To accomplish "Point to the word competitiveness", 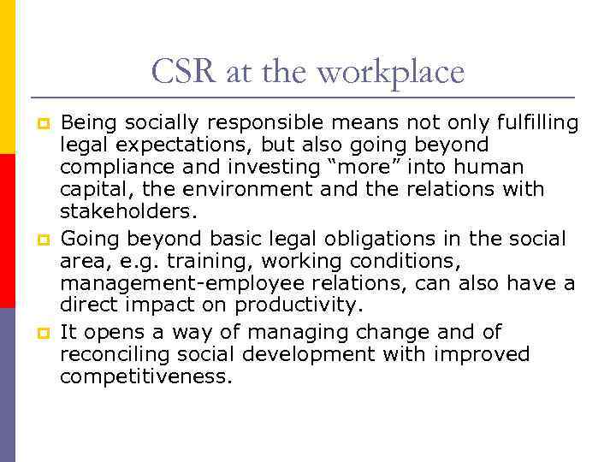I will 145,376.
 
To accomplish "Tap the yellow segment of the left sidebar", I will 7,77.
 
